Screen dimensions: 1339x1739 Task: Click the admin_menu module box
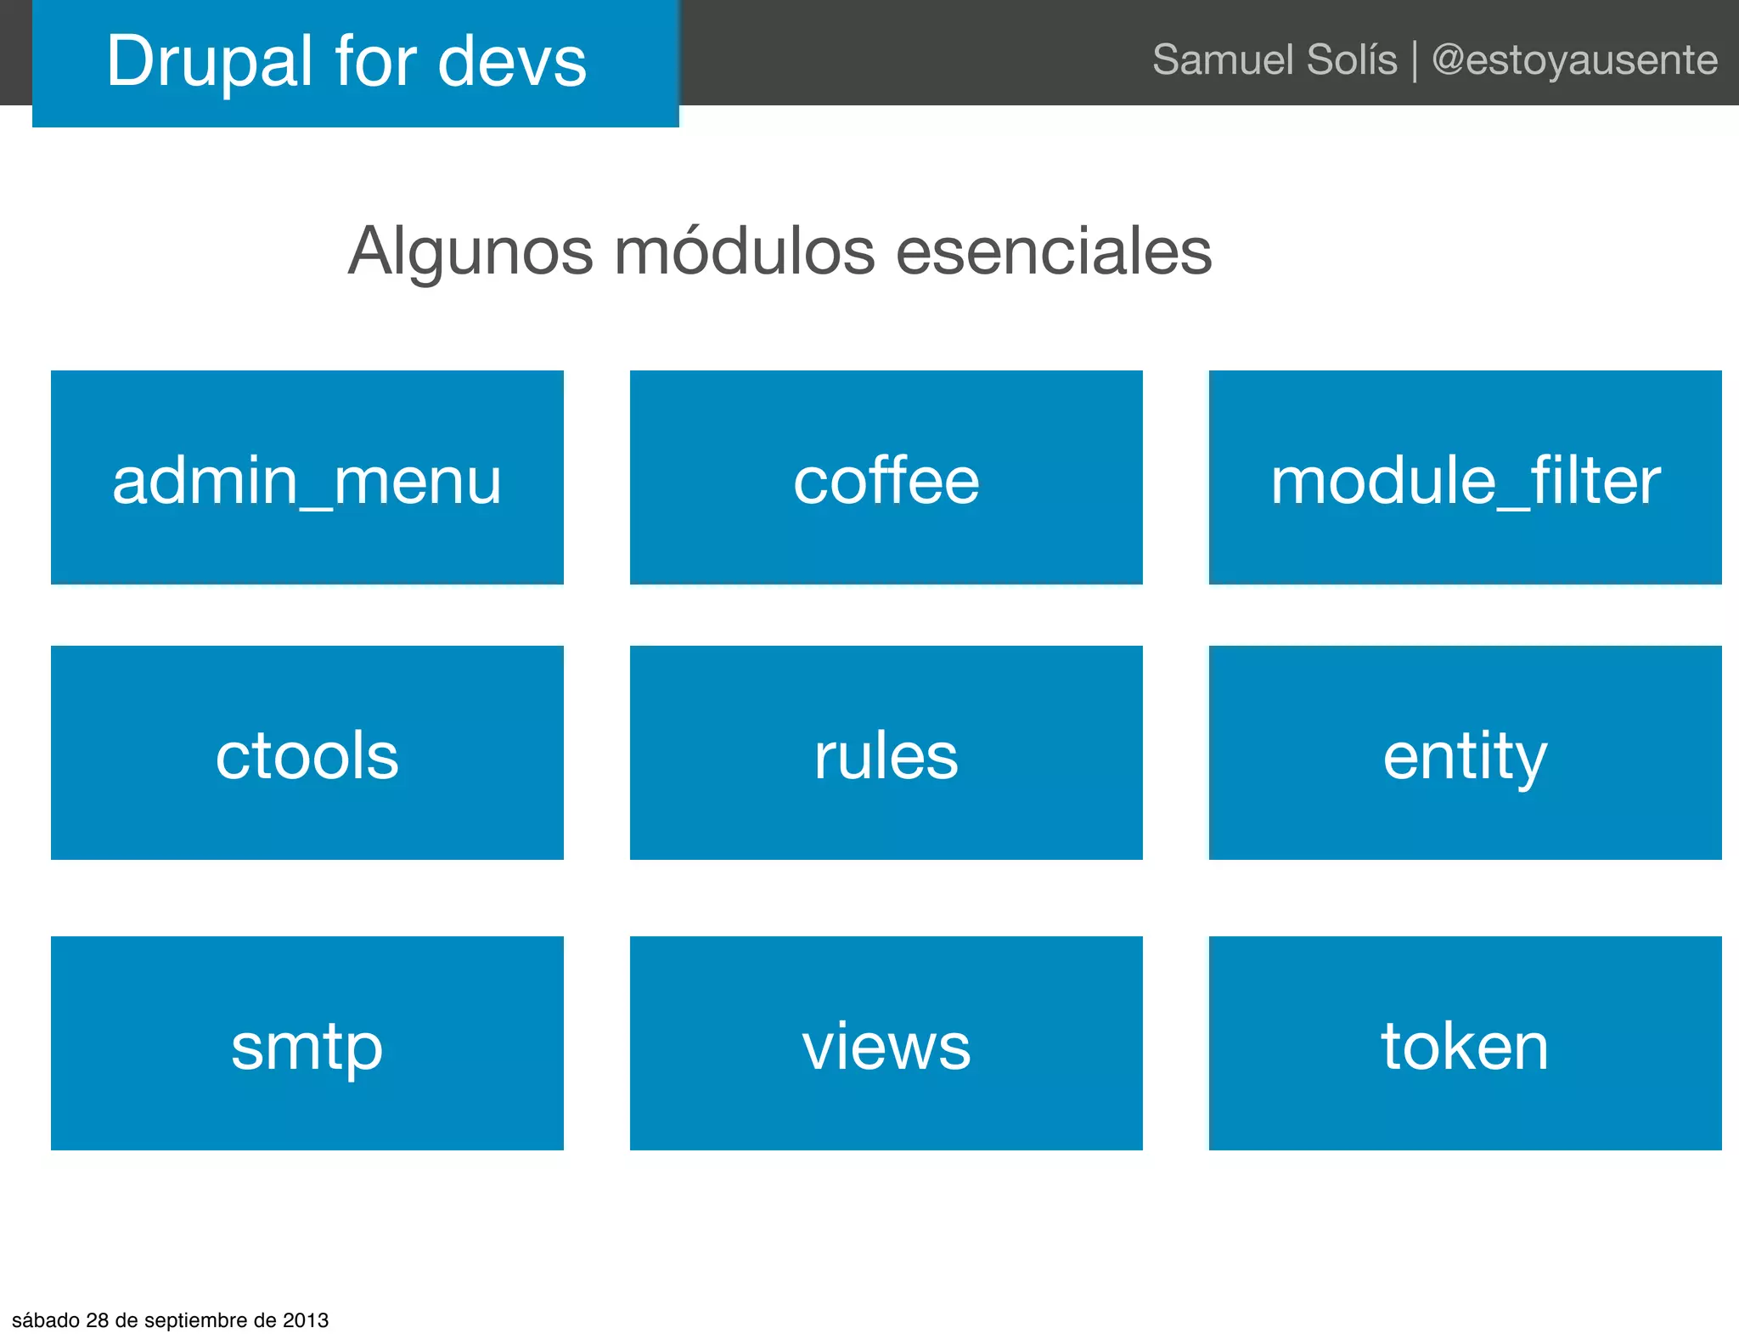click(307, 477)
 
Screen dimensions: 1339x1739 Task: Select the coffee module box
click(886, 477)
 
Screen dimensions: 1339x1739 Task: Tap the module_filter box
click(1465, 477)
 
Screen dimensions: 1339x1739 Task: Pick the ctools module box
click(307, 753)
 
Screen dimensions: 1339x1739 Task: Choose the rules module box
click(886, 753)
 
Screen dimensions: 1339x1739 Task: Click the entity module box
click(1465, 753)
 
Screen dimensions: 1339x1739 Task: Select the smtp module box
click(307, 1043)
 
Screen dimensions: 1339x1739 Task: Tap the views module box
click(886, 1043)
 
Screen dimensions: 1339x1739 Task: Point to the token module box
click(1465, 1043)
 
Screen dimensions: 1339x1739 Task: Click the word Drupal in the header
click(209, 61)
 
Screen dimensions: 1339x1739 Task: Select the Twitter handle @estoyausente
click(1574, 59)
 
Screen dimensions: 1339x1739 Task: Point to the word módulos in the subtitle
click(744, 251)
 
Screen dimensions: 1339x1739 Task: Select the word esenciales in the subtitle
click(1054, 251)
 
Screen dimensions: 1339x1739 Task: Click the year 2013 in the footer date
click(306, 1320)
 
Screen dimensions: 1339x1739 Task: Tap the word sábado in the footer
click(47, 1320)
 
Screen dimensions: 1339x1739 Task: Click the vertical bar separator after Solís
click(1415, 61)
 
